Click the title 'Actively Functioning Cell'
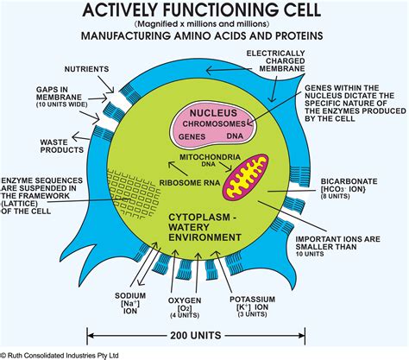coord(205,10)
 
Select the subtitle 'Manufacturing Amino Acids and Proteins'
coord(204,38)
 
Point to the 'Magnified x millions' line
coord(204,25)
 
